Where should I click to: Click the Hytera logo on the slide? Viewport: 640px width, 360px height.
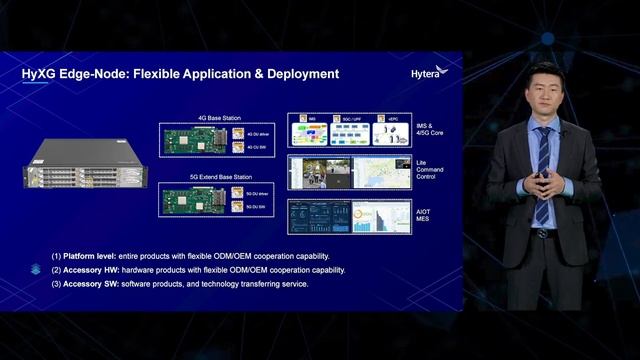pos(430,72)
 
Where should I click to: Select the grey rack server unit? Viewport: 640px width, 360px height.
pos(85,164)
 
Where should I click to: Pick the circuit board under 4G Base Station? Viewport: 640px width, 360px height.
pos(194,141)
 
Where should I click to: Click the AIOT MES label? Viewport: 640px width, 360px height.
pos(425,214)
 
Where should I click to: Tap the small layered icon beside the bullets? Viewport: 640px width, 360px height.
pos(35,270)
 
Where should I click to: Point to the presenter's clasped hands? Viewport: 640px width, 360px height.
pos(543,183)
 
